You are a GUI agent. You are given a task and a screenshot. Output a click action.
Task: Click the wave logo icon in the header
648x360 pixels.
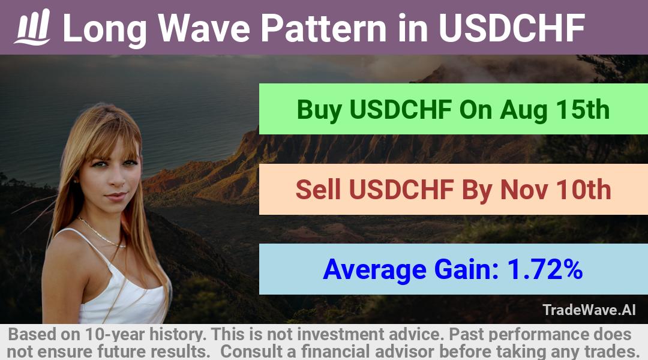[x=32, y=27]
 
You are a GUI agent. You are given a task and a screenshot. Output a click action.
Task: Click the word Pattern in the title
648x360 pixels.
[x=323, y=28]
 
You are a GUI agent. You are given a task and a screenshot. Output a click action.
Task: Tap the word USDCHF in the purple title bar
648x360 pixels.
[x=512, y=28]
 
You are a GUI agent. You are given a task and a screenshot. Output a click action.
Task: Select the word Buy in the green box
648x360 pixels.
[x=319, y=110]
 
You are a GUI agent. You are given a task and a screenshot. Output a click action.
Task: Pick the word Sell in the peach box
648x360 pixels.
[x=318, y=190]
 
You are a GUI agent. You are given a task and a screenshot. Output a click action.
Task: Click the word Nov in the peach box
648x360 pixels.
[x=524, y=190]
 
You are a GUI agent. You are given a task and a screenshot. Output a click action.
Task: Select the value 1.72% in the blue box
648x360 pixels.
[x=545, y=269]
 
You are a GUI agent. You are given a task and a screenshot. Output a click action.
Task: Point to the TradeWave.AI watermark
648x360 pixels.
[x=589, y=310]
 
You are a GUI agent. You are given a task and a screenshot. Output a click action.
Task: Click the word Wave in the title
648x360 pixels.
[x=204, y=28]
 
